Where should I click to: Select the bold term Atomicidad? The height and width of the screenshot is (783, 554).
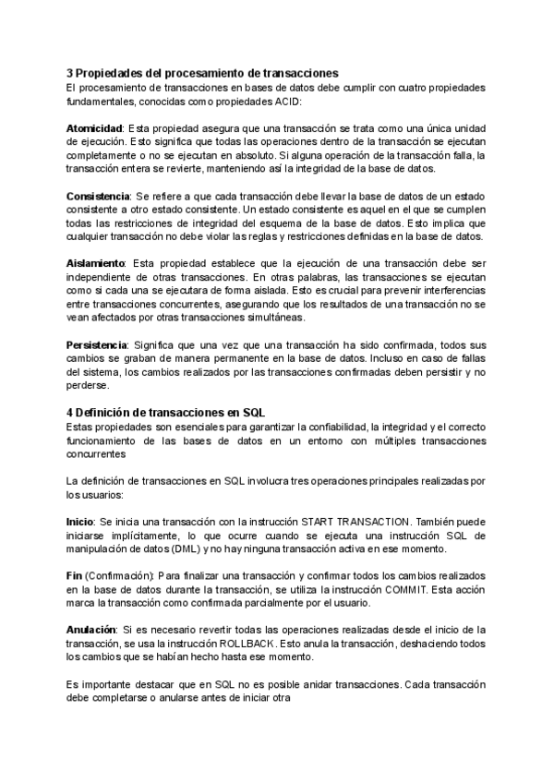click(x=95, y=126)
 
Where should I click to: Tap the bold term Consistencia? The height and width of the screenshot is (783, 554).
click(x=98, y=196)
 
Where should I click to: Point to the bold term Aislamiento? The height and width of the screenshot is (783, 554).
click(x=97, y=263)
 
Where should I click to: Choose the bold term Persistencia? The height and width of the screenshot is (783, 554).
click(x=97, y=344)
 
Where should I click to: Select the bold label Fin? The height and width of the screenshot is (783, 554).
click(x=75, y=576)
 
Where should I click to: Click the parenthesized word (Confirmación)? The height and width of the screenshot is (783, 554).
click(x=121, y=576)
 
